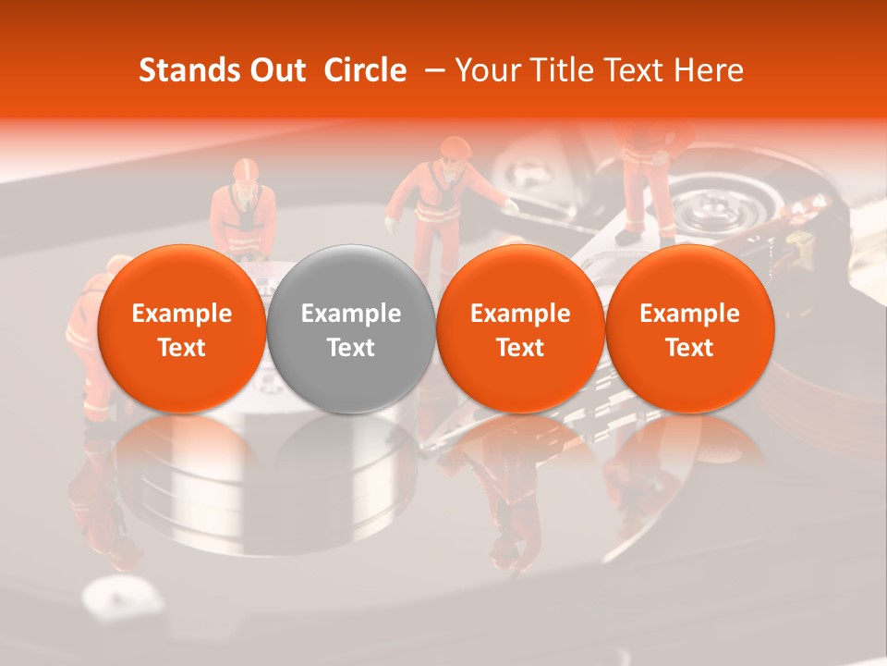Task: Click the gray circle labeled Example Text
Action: tap(350, 327)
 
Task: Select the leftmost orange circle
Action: tap(181, 327)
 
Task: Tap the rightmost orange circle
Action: tap(689, 327)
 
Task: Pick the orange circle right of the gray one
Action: tap(520, 327)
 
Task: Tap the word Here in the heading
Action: tap(709, 70)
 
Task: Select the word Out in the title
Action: tap(278, 70)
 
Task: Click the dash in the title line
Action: tap(431, 70)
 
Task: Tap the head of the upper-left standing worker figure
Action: tap(245, 173)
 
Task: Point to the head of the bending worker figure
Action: tap(455, 152)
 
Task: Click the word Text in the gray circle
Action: tap(351, 348)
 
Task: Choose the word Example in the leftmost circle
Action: tap(182, 314)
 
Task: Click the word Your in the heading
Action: tap(486, 70)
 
